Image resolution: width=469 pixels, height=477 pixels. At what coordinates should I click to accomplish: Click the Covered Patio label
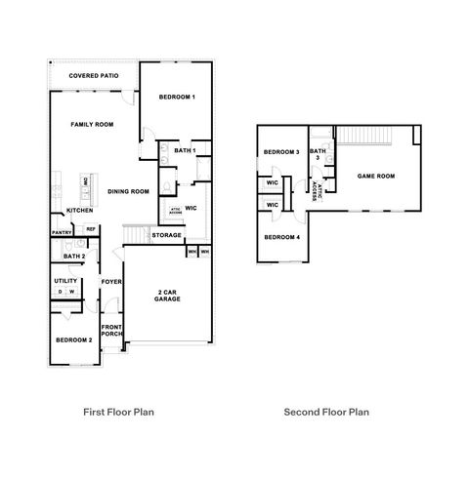94,75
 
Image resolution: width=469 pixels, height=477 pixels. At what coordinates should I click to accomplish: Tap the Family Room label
92,125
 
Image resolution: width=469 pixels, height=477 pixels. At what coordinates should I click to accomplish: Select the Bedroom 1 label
177,97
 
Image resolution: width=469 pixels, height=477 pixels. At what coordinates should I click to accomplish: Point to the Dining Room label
128,191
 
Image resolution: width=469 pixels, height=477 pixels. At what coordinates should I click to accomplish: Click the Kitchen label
79,211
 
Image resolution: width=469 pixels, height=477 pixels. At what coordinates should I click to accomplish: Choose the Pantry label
62,233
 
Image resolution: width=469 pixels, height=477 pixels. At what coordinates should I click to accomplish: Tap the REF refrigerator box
90,229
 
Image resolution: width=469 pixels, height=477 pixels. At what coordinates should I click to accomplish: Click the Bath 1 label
186,150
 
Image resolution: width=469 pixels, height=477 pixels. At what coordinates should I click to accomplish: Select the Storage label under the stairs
166,235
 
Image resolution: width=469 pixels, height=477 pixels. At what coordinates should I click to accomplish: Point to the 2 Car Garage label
167,297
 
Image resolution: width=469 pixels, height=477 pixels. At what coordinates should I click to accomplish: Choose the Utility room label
65,281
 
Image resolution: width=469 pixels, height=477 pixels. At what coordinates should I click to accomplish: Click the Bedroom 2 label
74,339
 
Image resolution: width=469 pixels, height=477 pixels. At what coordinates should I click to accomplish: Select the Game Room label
375,177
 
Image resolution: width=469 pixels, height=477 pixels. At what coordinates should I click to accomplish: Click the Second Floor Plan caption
326,413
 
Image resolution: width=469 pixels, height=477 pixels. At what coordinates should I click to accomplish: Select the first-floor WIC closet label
192,207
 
